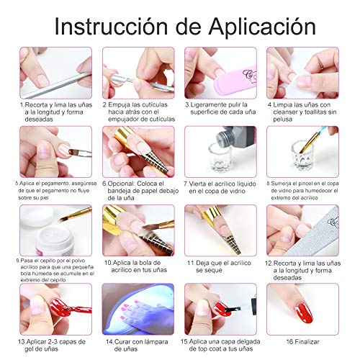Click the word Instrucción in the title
point(108,28)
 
